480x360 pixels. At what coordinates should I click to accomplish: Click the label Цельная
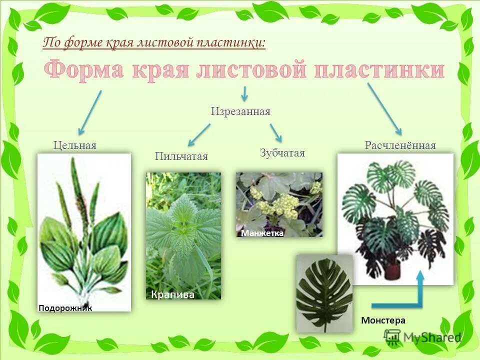(x=75, y=145)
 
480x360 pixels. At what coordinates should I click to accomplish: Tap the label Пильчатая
(x=181, y=156)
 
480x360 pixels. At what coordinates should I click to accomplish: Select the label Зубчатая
(x=282, y=153)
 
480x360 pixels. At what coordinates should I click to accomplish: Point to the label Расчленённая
(x=400, y=145)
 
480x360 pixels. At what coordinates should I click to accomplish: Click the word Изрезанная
(x=240, y=111)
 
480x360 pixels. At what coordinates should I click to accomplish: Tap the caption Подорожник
(x=65, y=308)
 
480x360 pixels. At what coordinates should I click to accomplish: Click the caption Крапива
(x=172, y=295)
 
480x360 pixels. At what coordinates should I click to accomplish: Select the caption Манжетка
(x=262, y=233)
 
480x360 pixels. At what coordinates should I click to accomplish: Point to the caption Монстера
(x=383, y=320)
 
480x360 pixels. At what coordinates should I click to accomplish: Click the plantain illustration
(x=84, y=230)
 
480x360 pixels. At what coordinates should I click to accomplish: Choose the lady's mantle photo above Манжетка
(x=279, y=200)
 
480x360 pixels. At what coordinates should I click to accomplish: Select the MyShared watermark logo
(x=422, y=337)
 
